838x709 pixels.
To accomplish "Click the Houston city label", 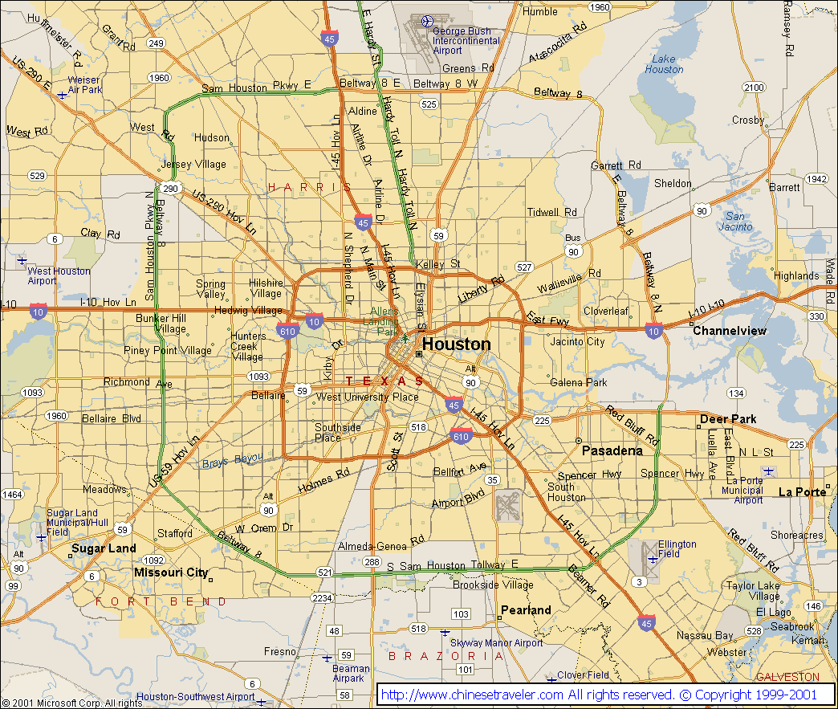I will click(x=456, y=344).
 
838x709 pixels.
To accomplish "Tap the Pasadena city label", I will click(x=612, y=450).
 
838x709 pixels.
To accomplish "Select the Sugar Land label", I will click(x=104, y=549).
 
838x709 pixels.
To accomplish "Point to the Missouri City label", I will click(x=171, y=572).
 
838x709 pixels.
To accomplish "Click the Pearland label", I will click(x=526, y=610).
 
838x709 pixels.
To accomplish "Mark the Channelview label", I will click(x=729, y=331).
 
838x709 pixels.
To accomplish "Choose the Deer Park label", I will click(x=728, y=419).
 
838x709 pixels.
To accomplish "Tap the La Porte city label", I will click(x=802, y=491).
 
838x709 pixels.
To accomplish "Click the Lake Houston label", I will click(x=664, y=64).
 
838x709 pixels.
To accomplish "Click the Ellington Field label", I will click(x=677, y=549).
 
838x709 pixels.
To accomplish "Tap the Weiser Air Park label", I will click(x=84, y=85).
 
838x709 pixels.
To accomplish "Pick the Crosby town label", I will click(x=747, y=120).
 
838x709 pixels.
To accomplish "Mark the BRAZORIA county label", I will click(x=446, y=656).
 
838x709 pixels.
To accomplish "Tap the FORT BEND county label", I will click(x=161, y=601).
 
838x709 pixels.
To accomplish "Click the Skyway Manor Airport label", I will click(x=496, y=643).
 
